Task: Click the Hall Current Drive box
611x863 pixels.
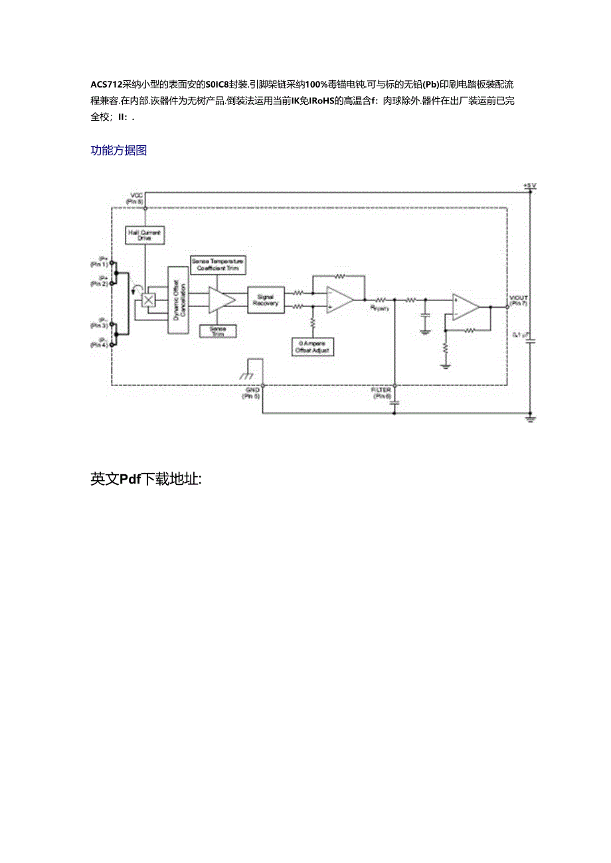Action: (145, 234)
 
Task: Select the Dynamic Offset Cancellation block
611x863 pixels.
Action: (177, 295)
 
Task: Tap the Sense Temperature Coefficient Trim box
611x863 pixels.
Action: (217, 265)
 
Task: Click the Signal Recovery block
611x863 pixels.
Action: (266, 300)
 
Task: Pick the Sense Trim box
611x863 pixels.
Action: (217, 330)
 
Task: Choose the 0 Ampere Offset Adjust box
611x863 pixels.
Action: (312, 346)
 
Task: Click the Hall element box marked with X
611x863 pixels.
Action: (149, 300)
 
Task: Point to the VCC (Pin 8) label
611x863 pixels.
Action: (137, 198)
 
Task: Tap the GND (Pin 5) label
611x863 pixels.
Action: (253, 393)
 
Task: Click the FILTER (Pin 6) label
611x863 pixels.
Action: (382, 393)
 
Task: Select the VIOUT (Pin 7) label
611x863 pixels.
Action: (519, 300)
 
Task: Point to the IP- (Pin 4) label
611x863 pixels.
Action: (100, 344)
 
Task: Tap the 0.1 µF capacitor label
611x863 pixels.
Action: (519, 336)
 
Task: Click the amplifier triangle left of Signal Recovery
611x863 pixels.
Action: (220, 300)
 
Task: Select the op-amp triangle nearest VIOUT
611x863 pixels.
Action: (466, 306)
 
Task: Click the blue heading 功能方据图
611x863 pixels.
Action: (118, 151)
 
